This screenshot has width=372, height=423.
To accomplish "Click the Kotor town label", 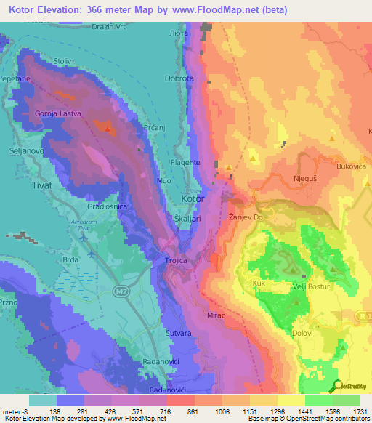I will point(193,198).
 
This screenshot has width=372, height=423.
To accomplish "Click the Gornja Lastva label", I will point(56,113).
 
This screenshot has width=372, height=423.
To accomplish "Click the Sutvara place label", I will point(177,333).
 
